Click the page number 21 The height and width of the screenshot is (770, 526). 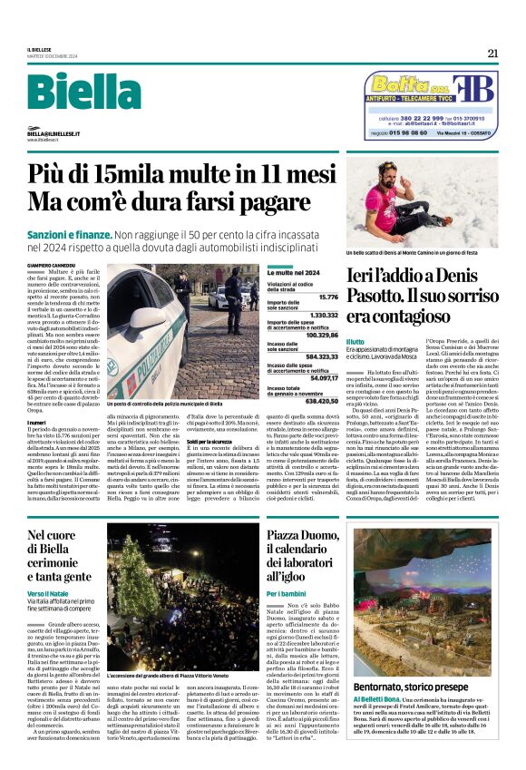[492, 54]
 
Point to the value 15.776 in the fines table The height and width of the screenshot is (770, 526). [328, 296]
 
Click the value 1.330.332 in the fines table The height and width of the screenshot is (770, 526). [324, 315]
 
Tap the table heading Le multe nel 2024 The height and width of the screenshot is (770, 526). [293, 272]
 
